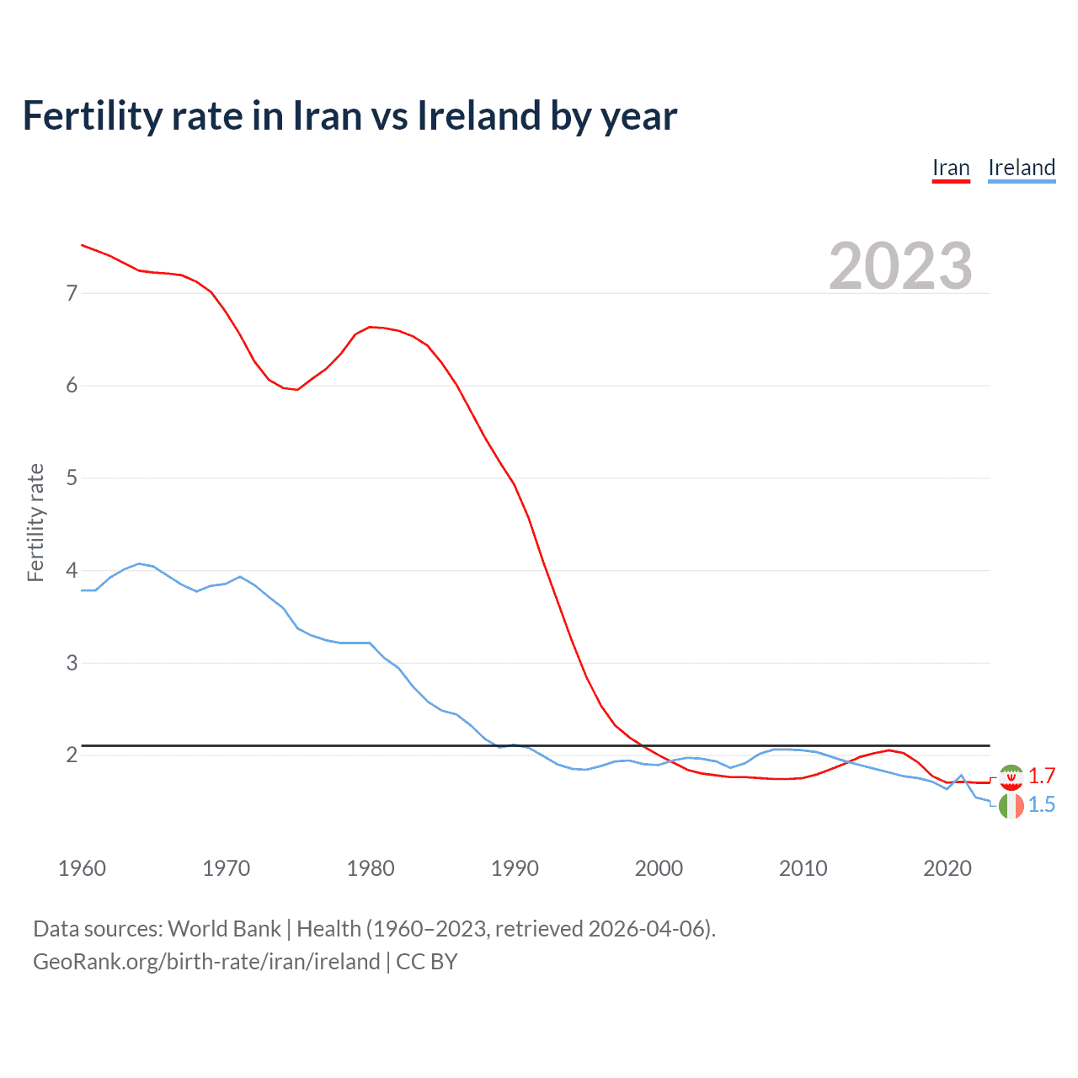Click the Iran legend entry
click(x=951, y=168)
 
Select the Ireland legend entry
click(x=1022, y=168)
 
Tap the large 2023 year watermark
click(x=900, y=266)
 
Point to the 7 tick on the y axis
click(x=72, y=293)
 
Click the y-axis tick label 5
click(x=72, y=478)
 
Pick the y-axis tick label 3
click(x=72, y=663)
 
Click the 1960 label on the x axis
click(x=82, y=868)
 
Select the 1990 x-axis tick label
click(x=515, y=868)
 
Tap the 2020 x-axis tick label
click(x=947, y=868)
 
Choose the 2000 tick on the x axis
click(x=659, y=868)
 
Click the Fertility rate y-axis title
click(x=35, y=522)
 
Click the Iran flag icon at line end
click(x=1011, y=776)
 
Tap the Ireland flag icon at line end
click(x=1011, y=805)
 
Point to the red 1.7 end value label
click(x=1042, y=776)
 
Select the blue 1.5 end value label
click(x=1042, y=805)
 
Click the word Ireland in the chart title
click(x=478, y=116)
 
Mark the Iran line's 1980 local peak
click(x=371, y=327)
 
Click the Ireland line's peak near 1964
click(x=139, y=563)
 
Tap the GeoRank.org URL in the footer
click(x=206, y=962)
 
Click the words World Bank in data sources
click(x=224, y=929)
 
